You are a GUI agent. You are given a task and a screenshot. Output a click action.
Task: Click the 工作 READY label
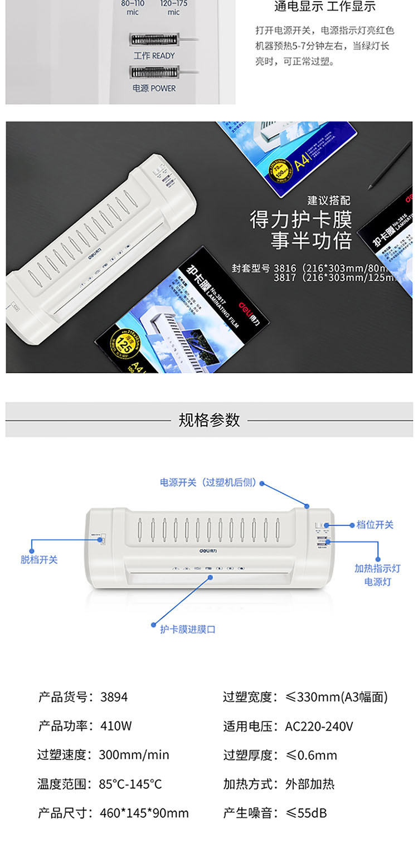pyautogui.click(x=154, y=56)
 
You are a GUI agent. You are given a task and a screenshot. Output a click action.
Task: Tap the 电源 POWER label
pyautogui.click(x=154, y=88)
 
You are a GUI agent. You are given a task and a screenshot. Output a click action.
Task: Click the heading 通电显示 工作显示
pyautogui.click(x=325, y=7)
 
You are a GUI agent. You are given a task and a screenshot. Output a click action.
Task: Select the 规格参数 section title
pyautogui.click(x=209, y=420)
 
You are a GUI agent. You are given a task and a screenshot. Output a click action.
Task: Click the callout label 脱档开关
pyautogui.click(x=39, y=559)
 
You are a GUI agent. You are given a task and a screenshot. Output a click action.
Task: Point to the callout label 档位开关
pyautogui.click(x=375, y=525)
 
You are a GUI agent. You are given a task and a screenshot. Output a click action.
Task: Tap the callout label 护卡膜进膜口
pyautogui.click(x=187, y=629)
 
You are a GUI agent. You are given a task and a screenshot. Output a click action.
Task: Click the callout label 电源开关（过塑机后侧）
pyautogui.click(x=208, y=482)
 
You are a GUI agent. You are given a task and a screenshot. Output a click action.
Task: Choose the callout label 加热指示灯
pyautogui.click(x=377, y=568)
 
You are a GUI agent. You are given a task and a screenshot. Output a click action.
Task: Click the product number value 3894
pyautogui.click(x=114, y=696)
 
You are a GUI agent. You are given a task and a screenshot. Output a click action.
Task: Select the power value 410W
pyautogui.click(x=116, y=726)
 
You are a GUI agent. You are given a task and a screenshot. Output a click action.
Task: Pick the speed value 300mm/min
pyautogui.click(x=134, y=755)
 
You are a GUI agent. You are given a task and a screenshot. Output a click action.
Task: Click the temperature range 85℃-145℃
pyautogui.click(x=130, y=784)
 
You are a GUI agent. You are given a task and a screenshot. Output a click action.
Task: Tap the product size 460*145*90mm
pyautogui.click(x=144, y=813)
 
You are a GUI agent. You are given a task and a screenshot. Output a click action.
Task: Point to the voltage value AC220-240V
pyautogui.click(x=319, y=726)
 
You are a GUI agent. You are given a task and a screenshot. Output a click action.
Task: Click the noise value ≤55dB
pyautogui.click(x=306, y=813)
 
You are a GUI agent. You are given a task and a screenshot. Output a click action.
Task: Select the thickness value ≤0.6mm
pyautogui.click(x=311, y=755)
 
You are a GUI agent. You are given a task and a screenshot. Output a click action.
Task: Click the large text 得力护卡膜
pyautogui.click(x=301, y=221)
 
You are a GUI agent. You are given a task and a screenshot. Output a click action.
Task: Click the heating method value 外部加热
pyautogui.click(x=309, y=784)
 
